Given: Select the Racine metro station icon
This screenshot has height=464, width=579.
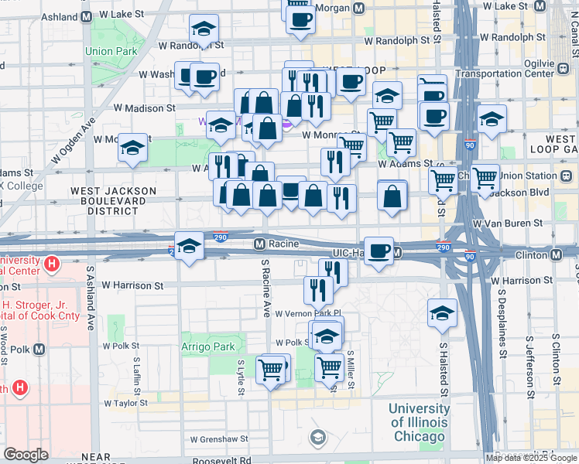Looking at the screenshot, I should click(261, 244).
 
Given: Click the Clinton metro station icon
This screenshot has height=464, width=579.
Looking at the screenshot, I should click(556, 254).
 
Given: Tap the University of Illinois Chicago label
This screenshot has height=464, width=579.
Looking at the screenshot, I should click(418, 422).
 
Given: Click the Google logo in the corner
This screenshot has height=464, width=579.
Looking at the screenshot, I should click(26, 455).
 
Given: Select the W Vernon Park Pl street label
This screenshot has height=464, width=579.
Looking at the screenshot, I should click(309, 313).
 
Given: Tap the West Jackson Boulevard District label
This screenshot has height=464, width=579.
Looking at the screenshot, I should click(113, 200).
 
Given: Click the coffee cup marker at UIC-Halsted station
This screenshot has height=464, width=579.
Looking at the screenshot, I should click(378, 251).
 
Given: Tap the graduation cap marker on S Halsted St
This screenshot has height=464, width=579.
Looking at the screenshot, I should click(442, 313).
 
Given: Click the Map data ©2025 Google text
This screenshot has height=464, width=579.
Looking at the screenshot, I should click(531, 458).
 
